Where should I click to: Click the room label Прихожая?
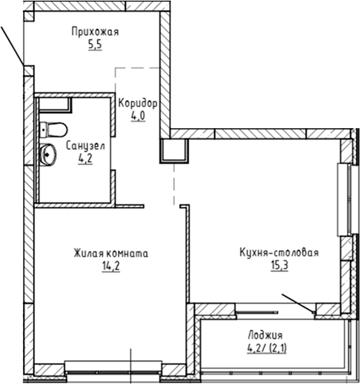coord(94,31)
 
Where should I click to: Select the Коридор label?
coord(138,103)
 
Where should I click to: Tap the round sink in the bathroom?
coord(49,155)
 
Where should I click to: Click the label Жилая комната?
coord(111,252)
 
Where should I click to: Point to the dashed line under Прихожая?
coord(138,67)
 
